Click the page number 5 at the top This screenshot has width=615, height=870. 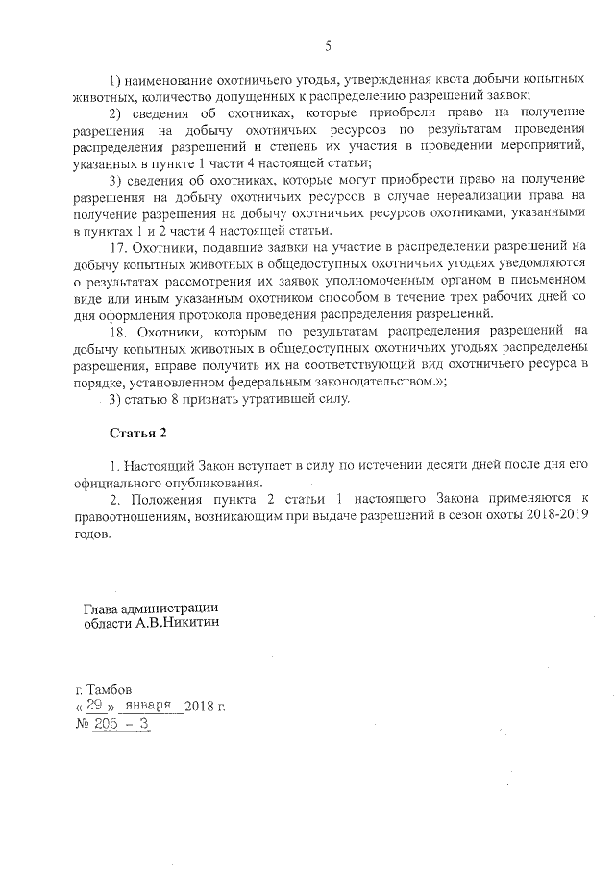point(328,46)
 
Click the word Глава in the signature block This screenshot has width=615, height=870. point(103,607)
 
